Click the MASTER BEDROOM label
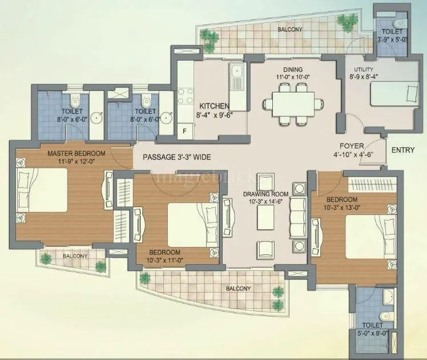[x=76, y=153]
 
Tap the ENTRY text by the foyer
[x=402, y=150]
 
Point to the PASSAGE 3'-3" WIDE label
[x=177, y=157]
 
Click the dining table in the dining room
[x=289, y=103]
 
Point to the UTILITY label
[x=363, y=70]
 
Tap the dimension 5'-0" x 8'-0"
[x=372, y=331]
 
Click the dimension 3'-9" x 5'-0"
[x=392, y=39]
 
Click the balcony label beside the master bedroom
[x=75, y=256]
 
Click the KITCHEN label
[x=214, y=106]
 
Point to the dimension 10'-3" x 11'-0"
[x=164, y=260]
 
